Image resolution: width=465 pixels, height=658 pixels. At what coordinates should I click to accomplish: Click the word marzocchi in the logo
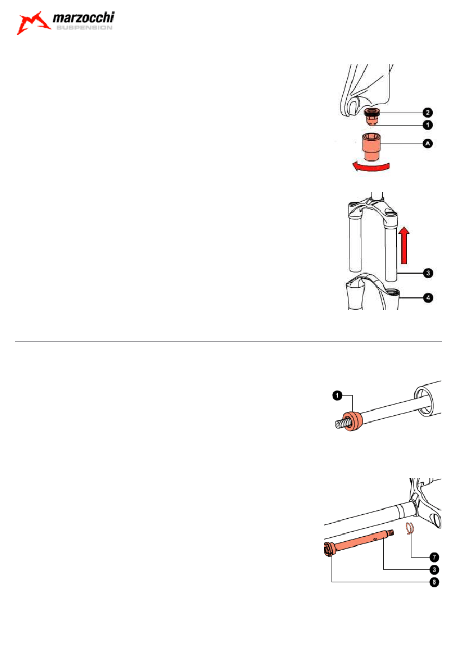pyautogui.click(x=83, y=18)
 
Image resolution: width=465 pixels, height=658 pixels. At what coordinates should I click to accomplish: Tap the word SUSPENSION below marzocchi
pyautogui.click(x=84, y=28)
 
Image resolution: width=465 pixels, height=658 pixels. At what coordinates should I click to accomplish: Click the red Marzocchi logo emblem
pyautogui.click(x=33, y=23)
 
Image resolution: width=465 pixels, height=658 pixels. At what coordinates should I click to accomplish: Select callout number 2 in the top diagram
pyautogui.click(x=428, y=113)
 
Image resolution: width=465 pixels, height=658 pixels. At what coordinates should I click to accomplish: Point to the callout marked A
pyautogui.click(x=428, y=144)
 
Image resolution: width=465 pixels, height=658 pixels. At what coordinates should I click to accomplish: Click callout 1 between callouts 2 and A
pyautogui.click(x=428, y=125)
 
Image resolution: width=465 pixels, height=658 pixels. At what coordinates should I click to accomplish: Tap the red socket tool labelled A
pyautogui.click(x=371, y=146)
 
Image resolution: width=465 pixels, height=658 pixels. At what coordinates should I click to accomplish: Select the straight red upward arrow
pyautogui.click(x=404, y=245)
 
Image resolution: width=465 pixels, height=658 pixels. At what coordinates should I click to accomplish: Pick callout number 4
pyautogui.click(x=429, y=298)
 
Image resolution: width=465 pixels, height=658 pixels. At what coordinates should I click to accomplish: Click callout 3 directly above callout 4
pyautogui.click(x=429, y=273)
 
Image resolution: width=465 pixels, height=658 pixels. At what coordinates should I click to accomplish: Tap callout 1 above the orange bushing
pyautogui.click(x=337, y=395)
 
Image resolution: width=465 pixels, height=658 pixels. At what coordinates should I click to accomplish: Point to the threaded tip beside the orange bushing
pyautogui.click(x=341, y=424)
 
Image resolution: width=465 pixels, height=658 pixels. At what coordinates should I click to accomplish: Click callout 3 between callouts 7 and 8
pyautogui.click(x=434, y=570)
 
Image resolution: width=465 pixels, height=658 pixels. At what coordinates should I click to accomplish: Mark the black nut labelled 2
pyautogui.click(x=372, y=112)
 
